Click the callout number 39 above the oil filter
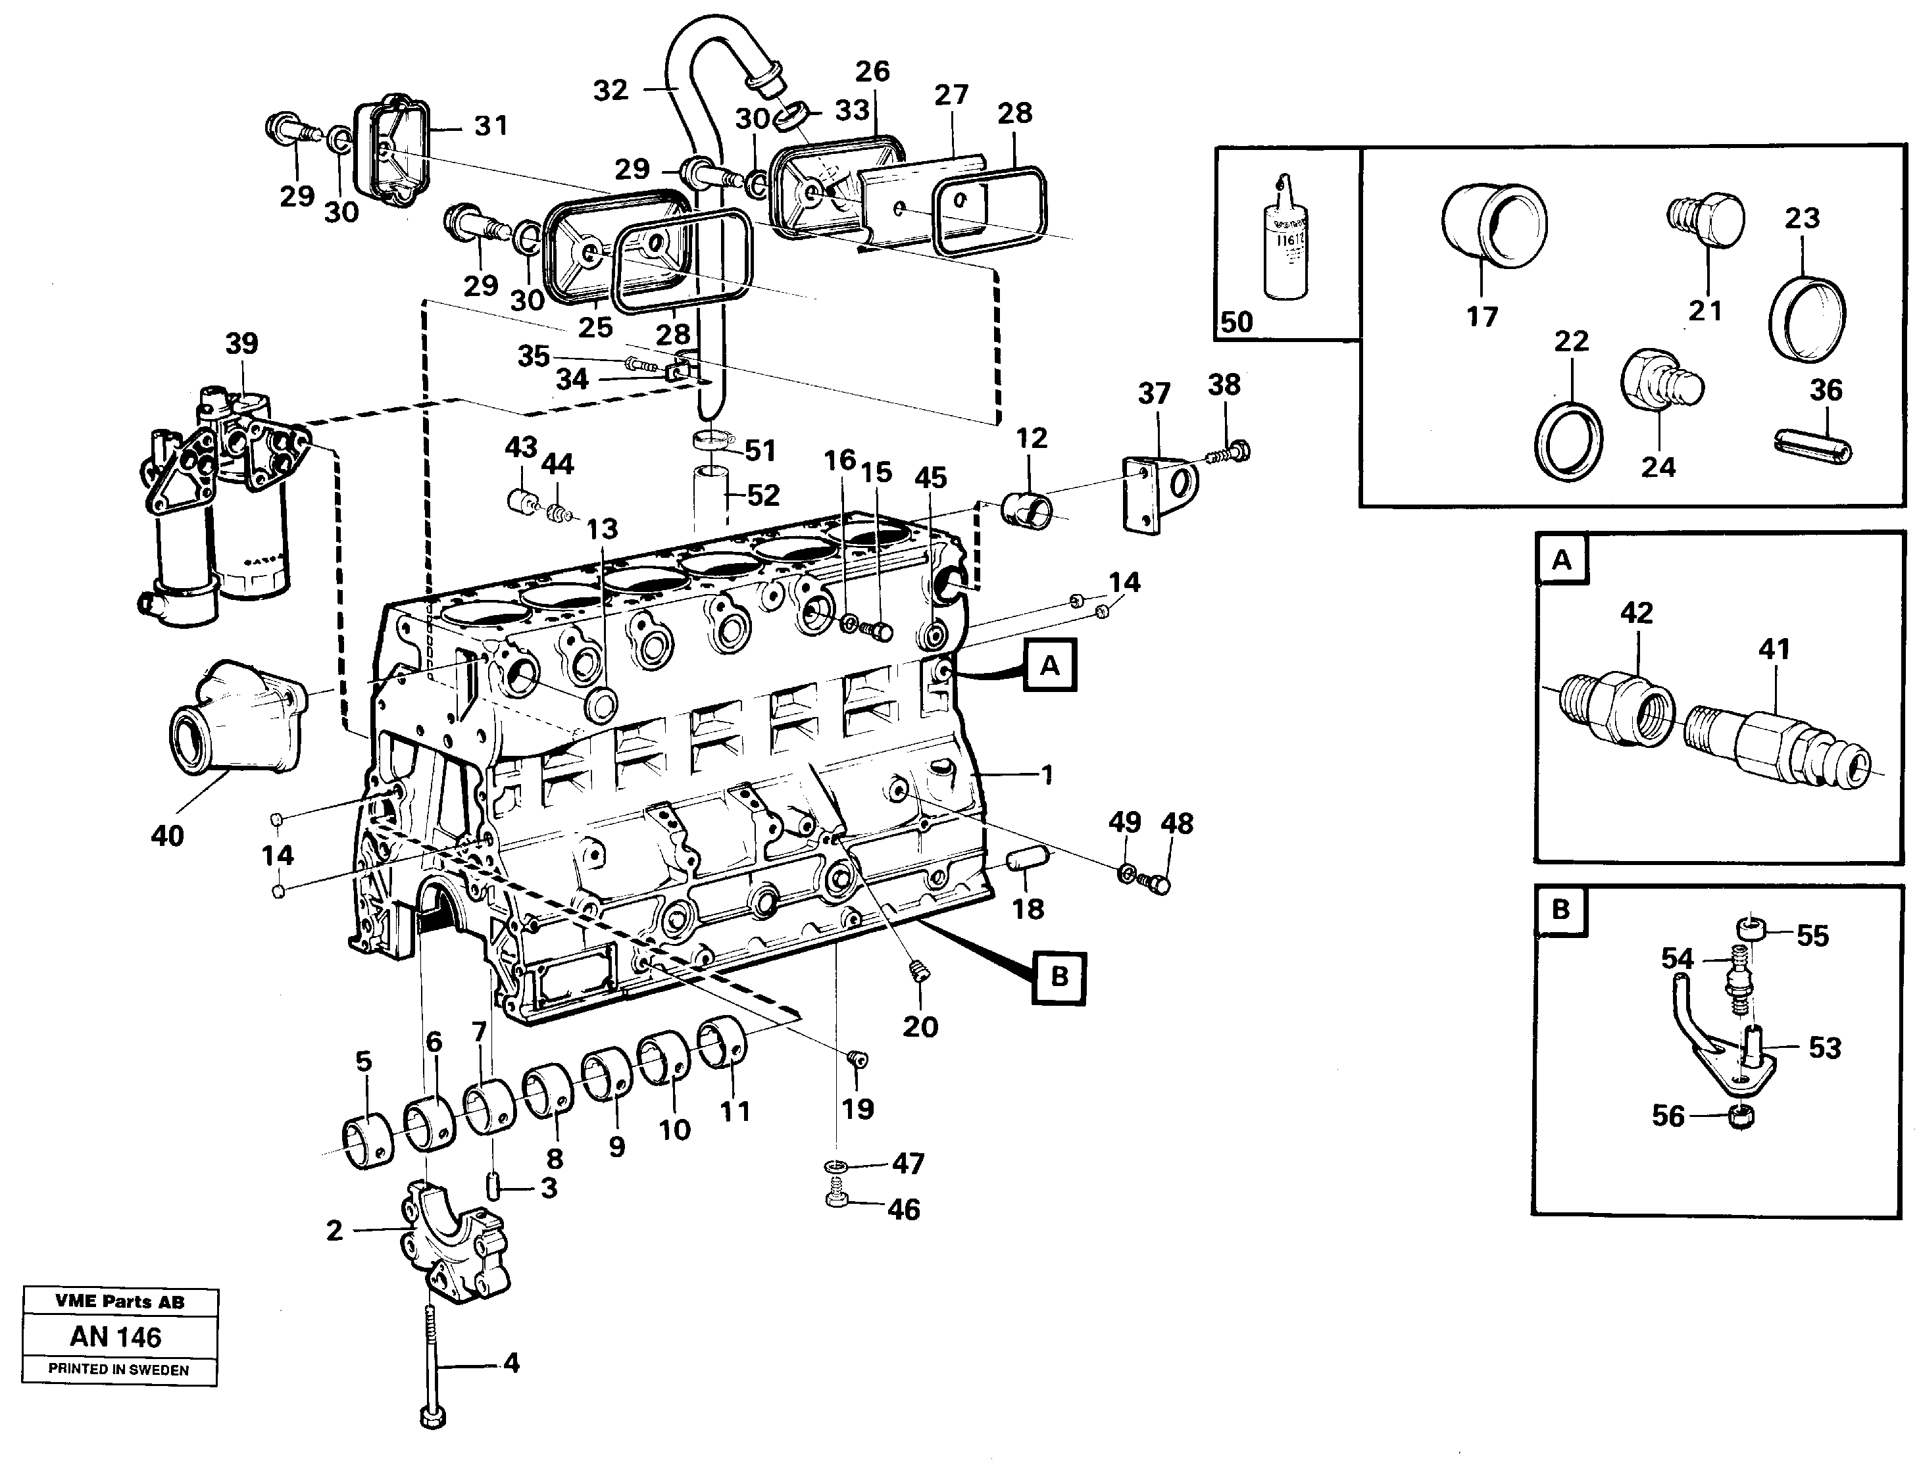click(x=241, y=343)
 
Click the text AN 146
click(x=116, y=1337)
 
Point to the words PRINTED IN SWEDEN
click(x=118, y=1369)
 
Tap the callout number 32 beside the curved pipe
click(x=610, y=90)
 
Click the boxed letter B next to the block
click(x=1059, y=977)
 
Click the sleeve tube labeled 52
click(x=710, y=496)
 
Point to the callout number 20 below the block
click(x=920, y=1026)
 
